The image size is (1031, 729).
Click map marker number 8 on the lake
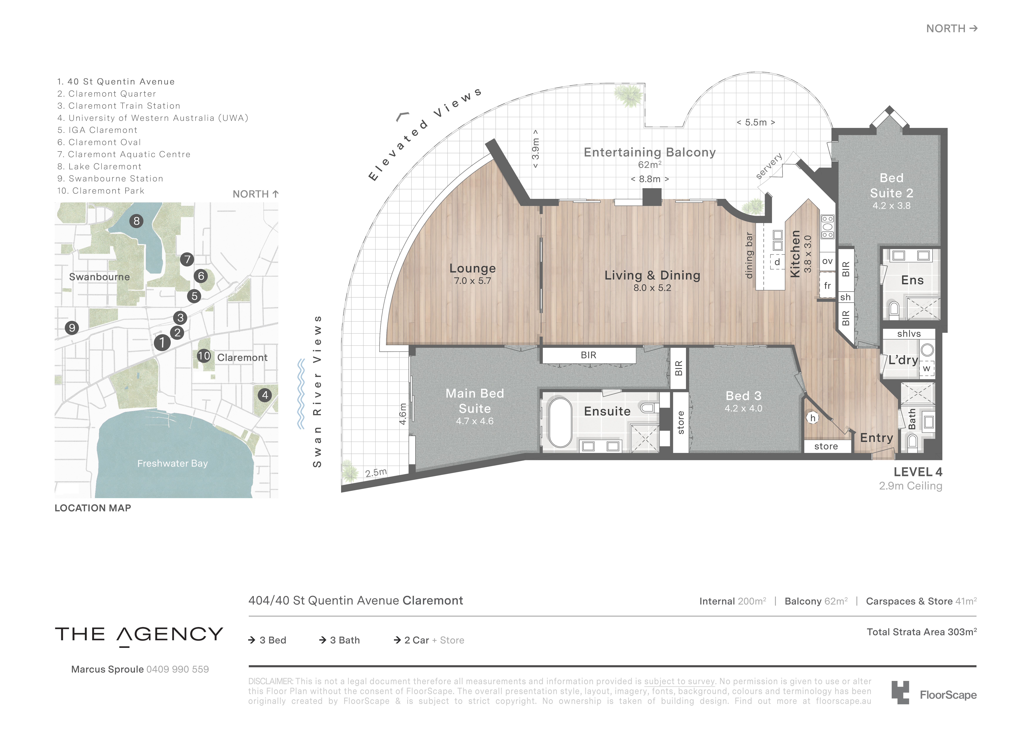coord(137,221)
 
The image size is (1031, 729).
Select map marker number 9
coord(72,328)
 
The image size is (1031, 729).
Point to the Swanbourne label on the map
coord(99,277)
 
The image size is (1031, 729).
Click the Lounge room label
coord(472,269)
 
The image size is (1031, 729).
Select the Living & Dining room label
coord(652,275)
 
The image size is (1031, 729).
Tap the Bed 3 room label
coord(743,396)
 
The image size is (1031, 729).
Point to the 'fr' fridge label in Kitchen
coord(827,286)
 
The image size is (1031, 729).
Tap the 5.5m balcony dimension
coord(756,122)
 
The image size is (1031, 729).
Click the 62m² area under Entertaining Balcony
coord(649,165)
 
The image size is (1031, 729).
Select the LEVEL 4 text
coord(917,472)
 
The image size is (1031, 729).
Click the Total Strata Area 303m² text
coord(921,632)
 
